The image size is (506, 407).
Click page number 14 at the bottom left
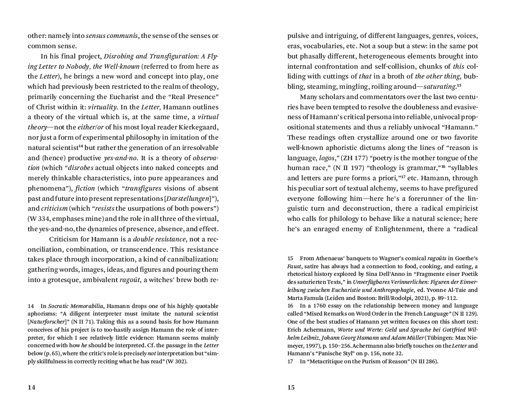tap(31, 387)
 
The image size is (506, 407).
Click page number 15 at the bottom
tap(291, 387)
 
